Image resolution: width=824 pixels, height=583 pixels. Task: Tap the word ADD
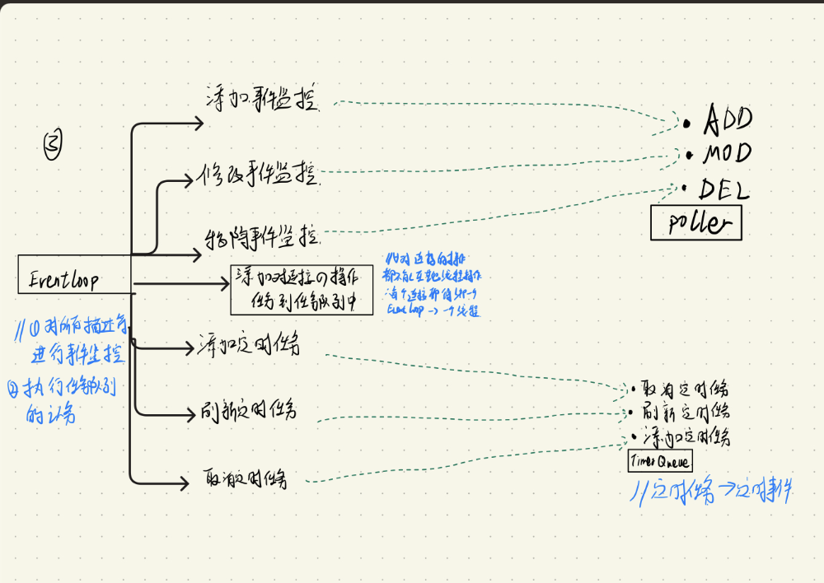pyautogui.click(x=727, y=121)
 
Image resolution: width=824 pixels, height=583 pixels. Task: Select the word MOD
pyautogui.click(x=727, y=154)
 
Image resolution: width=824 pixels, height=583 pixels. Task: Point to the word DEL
pyautogui.click(x=724, y=191)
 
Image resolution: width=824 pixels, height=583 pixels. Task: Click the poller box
pyautogui.click(x=695, y=222)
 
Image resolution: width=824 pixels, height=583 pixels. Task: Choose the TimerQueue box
pyautogui.click(x=660, y=461)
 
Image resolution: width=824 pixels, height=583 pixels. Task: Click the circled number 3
pyautogui.click(x=54, y=146)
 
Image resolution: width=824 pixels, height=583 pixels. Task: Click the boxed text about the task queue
pyautogui.click(x=301, y=290)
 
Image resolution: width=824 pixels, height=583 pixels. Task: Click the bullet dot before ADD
pyautogui.click(x=686, y=124)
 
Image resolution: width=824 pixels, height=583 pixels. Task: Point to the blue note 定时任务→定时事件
pyautogui.click(x=711, y=492)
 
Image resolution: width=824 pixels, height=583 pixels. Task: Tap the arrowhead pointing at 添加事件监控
pyautogui.click(x=199, y=124)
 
